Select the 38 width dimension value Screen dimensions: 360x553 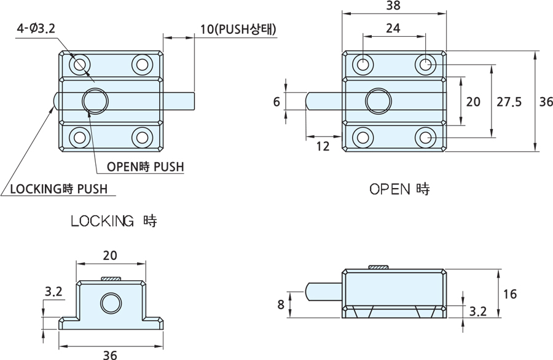[393, 6]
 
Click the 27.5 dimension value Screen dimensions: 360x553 [509, 102]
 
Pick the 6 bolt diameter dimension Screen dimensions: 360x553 [276, 102]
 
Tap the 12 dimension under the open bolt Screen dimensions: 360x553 [323, 146]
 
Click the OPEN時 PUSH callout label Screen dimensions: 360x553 [145, 166]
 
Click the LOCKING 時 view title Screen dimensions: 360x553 [114, 221]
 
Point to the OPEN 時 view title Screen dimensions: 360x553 [399, 189]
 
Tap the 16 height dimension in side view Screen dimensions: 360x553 [509, 294]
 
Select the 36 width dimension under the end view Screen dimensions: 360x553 [111, 354]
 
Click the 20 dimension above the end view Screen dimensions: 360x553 [111, 254]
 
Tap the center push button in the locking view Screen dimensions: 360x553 [96, 100]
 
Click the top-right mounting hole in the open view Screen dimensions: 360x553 [425, 64]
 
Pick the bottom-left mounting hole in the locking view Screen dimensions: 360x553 [79, 137]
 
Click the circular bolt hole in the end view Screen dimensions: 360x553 [111, 303]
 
